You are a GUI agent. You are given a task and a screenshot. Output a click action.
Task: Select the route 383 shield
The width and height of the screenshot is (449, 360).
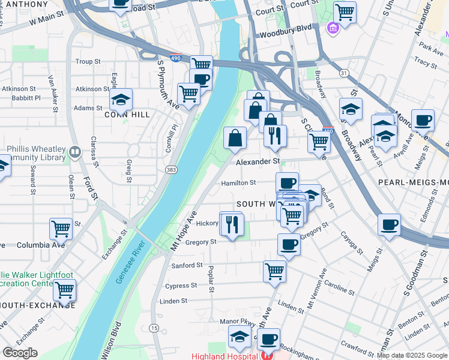[x=172, y=171]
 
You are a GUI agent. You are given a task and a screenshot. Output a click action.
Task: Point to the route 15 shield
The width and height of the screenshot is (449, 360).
[x=154, y=328]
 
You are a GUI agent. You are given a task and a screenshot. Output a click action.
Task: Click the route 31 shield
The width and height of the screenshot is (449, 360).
[x=343, y=73]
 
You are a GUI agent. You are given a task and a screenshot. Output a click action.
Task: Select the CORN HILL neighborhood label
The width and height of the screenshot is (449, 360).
[x=127, y=115]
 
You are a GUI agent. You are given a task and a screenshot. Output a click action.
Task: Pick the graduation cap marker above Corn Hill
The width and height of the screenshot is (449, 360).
[x=121, y=99]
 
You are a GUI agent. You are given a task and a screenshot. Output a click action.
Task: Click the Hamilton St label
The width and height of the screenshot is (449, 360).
[x=238, y=182]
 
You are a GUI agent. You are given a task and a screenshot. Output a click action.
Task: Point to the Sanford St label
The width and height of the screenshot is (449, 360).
[x=187, y=265]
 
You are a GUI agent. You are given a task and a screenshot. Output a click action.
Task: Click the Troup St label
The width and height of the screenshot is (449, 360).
[x=88, y=62]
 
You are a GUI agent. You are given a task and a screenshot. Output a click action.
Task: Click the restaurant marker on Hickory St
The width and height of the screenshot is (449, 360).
[x=232, y=225]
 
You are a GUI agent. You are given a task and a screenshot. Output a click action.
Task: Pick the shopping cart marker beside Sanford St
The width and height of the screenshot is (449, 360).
[x=274, y=271]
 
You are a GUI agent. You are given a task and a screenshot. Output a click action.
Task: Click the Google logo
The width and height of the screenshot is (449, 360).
[x=20, y=353]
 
